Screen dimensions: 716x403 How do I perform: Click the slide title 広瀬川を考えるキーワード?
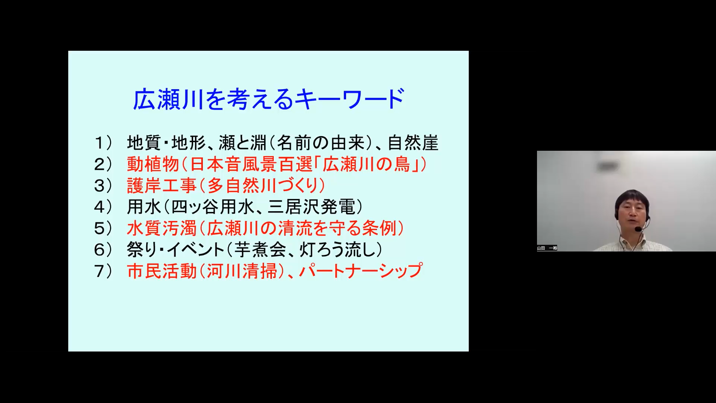point(268,99)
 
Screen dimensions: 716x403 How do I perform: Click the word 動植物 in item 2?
point(153,164)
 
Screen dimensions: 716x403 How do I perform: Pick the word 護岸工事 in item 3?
point(161,185)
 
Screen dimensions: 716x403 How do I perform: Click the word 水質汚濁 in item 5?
point(161,228)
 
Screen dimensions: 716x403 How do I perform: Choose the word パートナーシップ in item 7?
point(361,271)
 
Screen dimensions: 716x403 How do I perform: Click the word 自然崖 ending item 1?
point(413,143)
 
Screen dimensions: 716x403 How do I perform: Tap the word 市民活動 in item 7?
point(161,271)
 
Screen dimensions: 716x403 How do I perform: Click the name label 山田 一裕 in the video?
point(547,248)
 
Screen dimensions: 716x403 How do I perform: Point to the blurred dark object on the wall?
point(607,166)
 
